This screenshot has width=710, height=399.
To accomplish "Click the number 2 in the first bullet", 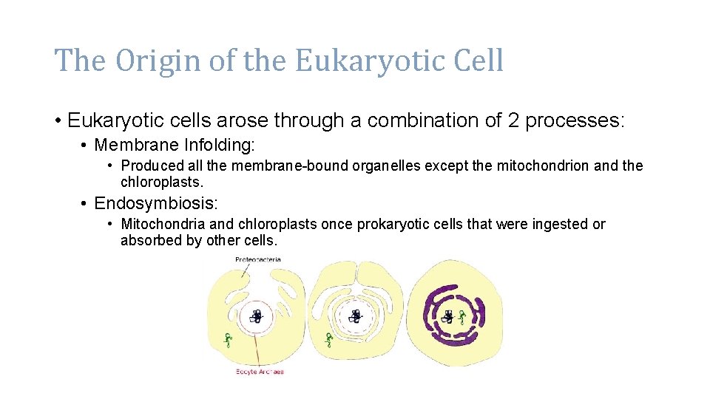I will [x=515, y=120].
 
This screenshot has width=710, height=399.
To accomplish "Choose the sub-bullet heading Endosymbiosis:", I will [x=156, y=202].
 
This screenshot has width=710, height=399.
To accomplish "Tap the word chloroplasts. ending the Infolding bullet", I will [x=162, y=182].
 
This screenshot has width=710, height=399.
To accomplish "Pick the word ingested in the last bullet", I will [x=561, y=224].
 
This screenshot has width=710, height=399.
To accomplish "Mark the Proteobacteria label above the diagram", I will [x=257, y=259].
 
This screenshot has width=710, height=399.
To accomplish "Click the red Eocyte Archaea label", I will [x=260, y=372].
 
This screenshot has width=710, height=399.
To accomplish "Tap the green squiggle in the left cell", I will [x=228, y=340].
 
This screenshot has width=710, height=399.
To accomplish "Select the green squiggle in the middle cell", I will [x=329, y=339].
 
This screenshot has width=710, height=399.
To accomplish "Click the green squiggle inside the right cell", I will [x=462, y=318].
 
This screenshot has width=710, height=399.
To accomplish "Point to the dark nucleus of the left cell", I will [x=256, y=316].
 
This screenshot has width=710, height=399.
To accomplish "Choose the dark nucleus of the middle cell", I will [x=356, y=316].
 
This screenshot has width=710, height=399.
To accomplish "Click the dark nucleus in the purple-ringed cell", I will [x=447, y=317].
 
